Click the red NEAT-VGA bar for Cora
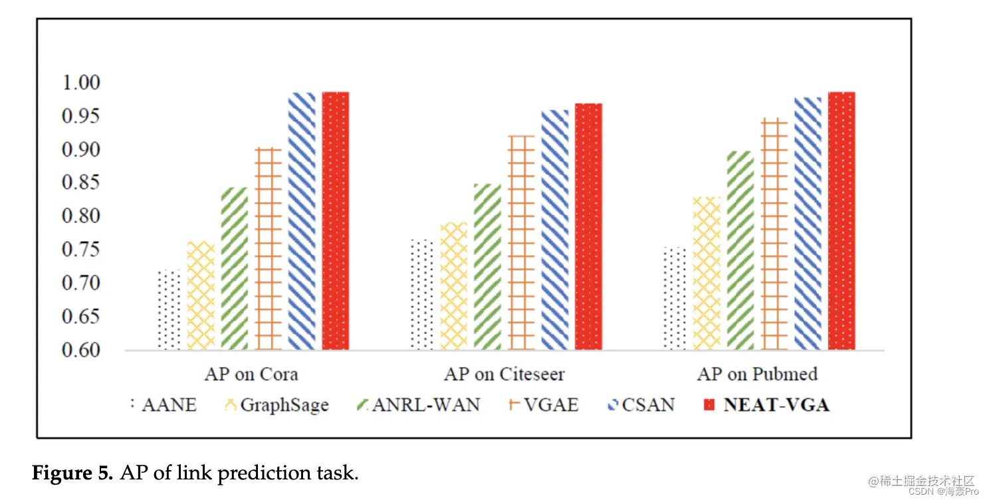pyautogui.click(x=336, y=221)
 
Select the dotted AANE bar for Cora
pyautogui.click(x=169, y=309)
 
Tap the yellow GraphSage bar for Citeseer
pyautogui.click(x=454, y=286)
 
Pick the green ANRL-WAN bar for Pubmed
pyautogui.click(x=740, y=250)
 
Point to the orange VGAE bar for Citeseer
pyautogui.click(x=521, y=242)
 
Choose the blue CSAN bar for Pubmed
pyautogui.click(x=808, y=223)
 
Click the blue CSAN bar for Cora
pyautogui.click(x=302, y=221)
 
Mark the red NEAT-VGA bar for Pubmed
pyautogui.click(x=841, y=221)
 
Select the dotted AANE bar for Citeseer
pyautogui.click(x=421, y=294)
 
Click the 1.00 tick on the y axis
pyautogui.click(x=80, y=83)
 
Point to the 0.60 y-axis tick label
pyautogui.click(x=80, y=350)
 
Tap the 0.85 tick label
pyautogui.click(x=80, y=183)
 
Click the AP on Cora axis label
pyautogui.click(x=251, y=375)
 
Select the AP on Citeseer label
pyautogui.click(x=504, y=375)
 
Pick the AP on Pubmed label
pyautogui.click(x=757, y=375)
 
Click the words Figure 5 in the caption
pyautogui.click(x=72, y=473)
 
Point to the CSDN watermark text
pyautogui.click(x=921, y=492)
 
